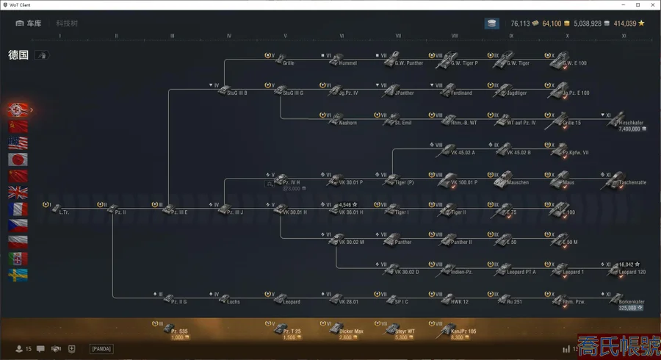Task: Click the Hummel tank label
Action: point(348,63)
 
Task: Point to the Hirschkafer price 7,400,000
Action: point(629,129)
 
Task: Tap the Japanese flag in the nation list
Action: point(18,159)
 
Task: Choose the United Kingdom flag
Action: point(18,192)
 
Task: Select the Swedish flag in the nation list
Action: point(18,275)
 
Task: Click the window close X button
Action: point(651,5)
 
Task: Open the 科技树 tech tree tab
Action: point(67,24)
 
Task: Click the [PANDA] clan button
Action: point(101,349)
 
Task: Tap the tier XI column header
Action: point(624,36)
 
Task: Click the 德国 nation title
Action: point(18,54)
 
